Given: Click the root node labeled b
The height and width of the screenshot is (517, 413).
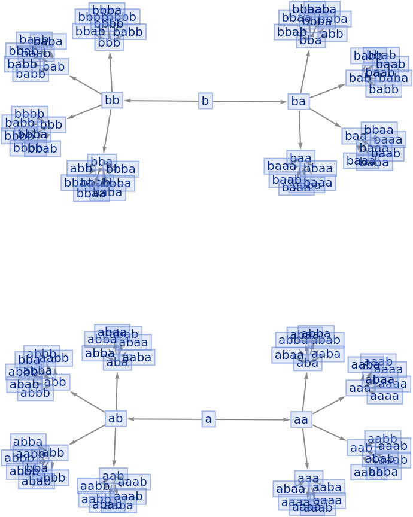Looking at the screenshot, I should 205,101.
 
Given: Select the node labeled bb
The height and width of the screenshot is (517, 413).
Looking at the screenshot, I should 112,100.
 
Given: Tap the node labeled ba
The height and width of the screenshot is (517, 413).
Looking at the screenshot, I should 297,102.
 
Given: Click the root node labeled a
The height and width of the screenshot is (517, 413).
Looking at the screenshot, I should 208,419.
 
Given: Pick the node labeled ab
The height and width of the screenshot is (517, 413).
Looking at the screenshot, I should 116,419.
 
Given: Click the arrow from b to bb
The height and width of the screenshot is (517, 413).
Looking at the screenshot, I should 162,101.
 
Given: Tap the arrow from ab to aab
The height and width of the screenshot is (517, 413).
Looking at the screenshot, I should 114,446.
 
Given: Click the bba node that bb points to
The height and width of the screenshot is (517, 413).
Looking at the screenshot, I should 101,162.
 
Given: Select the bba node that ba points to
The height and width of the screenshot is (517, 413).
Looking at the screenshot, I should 311,41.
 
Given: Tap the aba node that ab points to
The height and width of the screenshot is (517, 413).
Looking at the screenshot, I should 117,363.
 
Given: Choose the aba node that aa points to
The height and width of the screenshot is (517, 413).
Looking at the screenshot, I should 308,363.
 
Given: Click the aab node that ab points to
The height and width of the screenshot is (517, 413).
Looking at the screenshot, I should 113,476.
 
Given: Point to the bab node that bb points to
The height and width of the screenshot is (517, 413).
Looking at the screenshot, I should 54,67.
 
